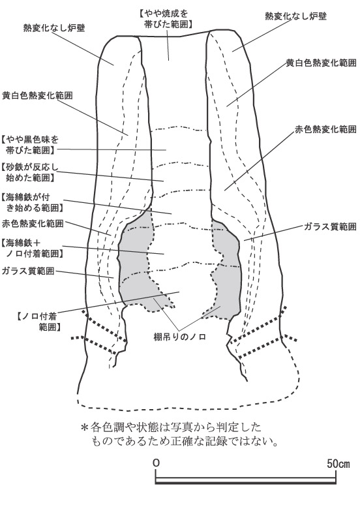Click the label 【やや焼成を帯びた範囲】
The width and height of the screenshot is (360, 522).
coord(166,19)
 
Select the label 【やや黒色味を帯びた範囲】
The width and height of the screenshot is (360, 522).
coord(30,144)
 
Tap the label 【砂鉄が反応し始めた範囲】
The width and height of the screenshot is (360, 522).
coord(30,172)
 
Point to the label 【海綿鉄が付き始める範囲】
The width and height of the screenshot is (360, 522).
coord(32,202)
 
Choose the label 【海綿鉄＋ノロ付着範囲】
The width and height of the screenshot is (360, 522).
coord(32,248)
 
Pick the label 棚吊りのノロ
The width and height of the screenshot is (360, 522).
coord(179,337)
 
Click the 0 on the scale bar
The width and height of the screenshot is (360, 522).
coord(156,463)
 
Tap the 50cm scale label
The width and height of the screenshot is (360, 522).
coord(338,463)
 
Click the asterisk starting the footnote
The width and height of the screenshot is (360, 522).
coord(85,427)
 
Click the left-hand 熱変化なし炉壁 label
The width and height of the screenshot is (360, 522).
coord(54,27)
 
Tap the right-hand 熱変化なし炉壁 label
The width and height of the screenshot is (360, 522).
coord(295,16)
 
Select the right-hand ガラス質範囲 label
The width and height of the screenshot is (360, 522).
coord(330,226)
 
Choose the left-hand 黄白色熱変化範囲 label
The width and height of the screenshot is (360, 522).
coord(37,95)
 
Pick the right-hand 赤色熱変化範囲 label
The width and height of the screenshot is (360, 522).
coord(325,129)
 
